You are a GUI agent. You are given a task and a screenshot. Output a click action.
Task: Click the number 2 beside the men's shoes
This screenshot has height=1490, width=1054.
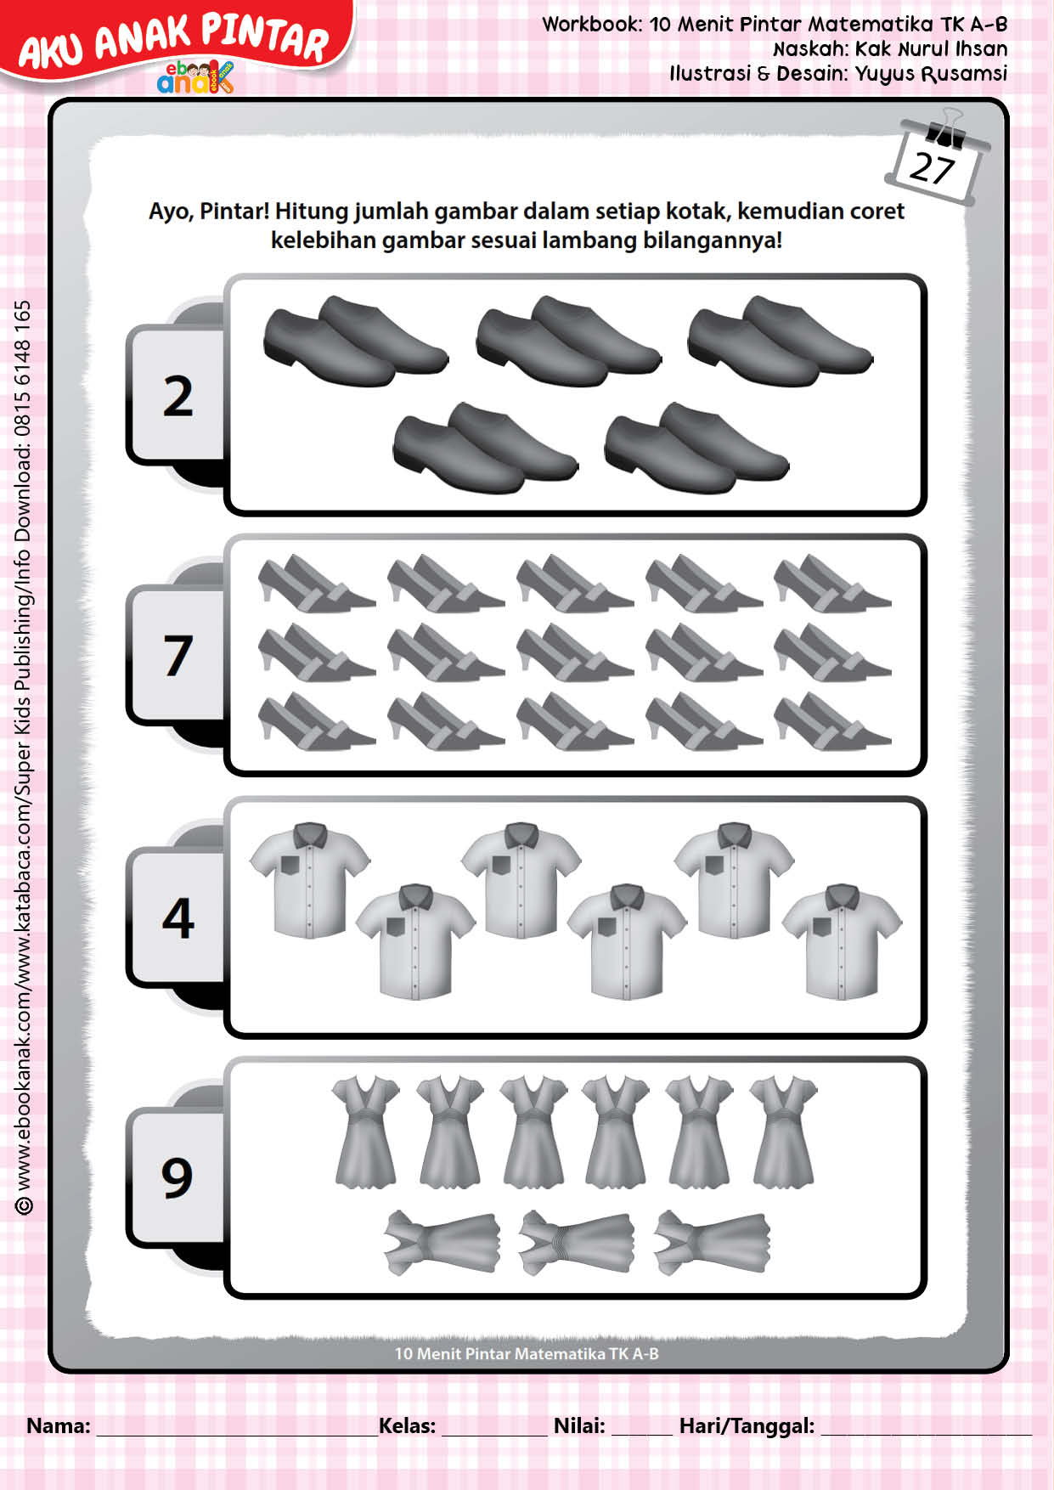pos(178,397)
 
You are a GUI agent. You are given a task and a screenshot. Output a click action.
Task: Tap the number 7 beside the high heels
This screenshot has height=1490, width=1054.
pos(178,655)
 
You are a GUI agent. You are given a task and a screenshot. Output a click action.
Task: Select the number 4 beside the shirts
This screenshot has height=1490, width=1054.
pos(178,918)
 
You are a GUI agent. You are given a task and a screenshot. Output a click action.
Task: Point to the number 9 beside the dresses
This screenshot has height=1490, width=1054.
pos(178,1177)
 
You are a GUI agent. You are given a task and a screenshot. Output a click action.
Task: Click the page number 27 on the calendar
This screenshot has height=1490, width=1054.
pos(932,167)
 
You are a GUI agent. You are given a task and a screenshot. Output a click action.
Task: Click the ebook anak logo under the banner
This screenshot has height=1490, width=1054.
pos(194,76)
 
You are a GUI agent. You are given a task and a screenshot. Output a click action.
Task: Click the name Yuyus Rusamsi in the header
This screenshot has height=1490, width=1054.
pos(931,74)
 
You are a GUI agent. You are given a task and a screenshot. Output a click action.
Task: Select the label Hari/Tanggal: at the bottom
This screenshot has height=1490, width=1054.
pos(747,1425)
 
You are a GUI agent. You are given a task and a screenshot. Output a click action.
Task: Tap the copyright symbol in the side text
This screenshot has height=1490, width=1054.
pos(24,1205)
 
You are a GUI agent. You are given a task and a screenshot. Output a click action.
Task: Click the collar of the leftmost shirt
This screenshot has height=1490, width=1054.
pos(310,833)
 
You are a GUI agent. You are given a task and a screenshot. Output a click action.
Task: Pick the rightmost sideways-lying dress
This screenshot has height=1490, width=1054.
pos(712,1242)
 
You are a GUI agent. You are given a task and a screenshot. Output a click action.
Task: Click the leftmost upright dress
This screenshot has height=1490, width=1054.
pos(365,1131)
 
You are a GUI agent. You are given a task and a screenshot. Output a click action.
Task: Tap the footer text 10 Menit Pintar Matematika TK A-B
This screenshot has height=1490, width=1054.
pos(527,1353)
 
